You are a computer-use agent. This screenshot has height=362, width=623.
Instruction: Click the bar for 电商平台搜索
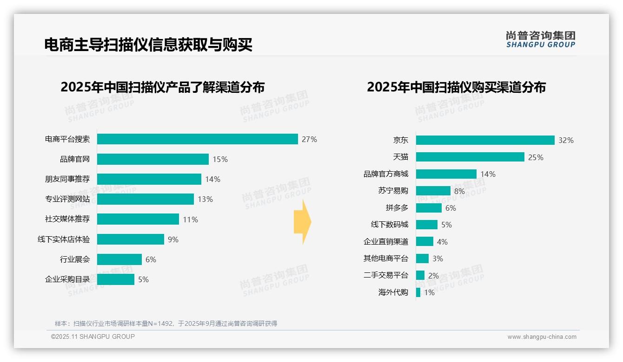tap(197, 139)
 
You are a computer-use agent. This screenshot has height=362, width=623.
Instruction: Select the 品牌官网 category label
tap(74, 159)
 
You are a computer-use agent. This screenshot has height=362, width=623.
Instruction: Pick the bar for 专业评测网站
tap(145, 199)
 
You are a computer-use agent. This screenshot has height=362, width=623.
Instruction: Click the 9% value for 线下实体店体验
tap(173, 239)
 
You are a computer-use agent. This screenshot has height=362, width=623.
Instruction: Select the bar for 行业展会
tap(119, 259)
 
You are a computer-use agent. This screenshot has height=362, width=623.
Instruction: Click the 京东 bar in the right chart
tap(485, 140)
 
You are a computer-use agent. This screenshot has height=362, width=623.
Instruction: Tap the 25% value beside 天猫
tap(536, 157)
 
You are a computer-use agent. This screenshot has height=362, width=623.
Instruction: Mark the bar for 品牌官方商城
tap(446, 174)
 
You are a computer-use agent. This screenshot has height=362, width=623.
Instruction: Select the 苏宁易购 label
tap(393, 191)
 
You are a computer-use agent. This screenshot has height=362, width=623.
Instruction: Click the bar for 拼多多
tap(428, 208)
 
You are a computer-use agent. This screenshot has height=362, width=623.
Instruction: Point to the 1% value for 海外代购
tap(429, 292)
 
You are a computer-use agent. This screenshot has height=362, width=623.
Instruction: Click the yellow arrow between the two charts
tap(302, 222)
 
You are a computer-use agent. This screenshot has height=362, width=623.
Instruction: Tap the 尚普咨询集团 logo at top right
tap(540, 39)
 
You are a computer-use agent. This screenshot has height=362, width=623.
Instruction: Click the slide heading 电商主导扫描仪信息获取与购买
tap(148, 45)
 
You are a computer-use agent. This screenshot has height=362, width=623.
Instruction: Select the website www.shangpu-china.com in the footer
tap(542, 337)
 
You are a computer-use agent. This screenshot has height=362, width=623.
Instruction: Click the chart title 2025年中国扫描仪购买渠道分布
tap(456, 87)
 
